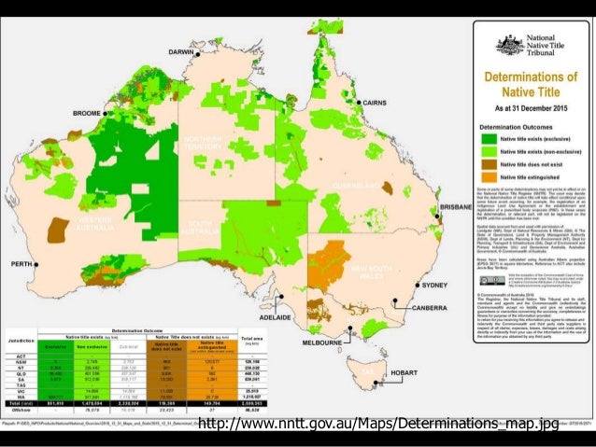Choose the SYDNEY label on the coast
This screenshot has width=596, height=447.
tap(436, 285)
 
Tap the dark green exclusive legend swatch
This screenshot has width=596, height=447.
tap(488, 136)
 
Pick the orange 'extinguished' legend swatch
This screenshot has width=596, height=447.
tap(488, 176)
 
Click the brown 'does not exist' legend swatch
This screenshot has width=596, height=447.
tap(488, 163)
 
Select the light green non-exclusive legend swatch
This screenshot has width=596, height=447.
tap(488, 149)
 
